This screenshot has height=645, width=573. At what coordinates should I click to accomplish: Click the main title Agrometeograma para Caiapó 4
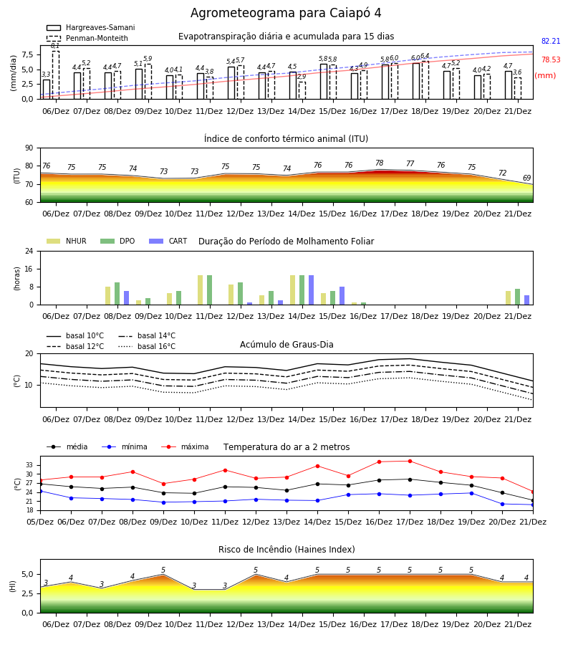(x=286, y=13)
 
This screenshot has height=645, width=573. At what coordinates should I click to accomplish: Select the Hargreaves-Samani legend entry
(x=90, y=27)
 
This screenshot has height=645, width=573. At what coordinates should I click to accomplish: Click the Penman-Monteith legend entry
(x=87, y=38)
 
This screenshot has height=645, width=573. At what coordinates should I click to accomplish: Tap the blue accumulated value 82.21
(x=551, y=41)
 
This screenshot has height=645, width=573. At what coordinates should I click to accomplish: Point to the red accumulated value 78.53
(x=551, y=59)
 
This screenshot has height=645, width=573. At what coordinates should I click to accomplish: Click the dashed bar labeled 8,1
(x=55, y=75)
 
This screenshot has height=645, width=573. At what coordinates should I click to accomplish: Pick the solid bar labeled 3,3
(x=47, y=90)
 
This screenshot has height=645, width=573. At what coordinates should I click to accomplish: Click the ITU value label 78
(x=380, y=163)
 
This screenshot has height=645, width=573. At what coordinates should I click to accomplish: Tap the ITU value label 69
(x=526, y=178)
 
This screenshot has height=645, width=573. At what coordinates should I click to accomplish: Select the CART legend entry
(x=168, y=241)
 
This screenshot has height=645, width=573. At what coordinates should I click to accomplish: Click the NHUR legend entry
(x=67, y=241)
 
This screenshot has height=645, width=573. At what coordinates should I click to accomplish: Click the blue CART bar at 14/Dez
(x=311, y=290)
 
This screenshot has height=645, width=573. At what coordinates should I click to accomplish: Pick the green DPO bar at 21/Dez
(x=518, y=297)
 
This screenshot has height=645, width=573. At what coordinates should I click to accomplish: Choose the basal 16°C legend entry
(x=147, y=346)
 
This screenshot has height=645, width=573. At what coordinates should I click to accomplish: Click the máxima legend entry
(x=186, y=446)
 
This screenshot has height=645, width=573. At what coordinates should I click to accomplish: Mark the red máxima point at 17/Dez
(x=410, y=461)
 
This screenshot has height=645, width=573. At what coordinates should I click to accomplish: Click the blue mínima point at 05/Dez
(x=40, y=491)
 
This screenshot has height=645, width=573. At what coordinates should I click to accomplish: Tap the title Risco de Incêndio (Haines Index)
(x=286, y=550)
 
